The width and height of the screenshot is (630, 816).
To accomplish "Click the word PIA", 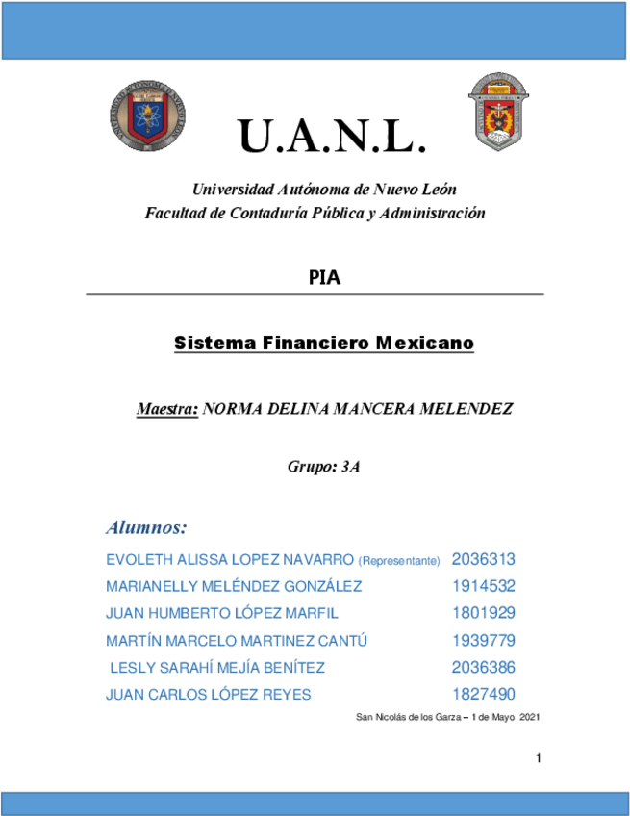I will point(324,279).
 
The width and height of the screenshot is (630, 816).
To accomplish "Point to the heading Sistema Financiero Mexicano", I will point(324,343).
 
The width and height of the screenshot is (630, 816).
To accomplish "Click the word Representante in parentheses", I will point(399,560).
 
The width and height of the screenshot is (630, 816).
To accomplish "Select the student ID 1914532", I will point(484,586).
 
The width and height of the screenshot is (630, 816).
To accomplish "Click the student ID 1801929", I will point(484,613).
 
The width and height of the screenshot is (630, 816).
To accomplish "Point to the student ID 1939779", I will point(484,640).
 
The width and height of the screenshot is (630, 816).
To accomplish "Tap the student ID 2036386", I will point(484,667).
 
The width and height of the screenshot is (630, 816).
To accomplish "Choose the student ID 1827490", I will point(484,694).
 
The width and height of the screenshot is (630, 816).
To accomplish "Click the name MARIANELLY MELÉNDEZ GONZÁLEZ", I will point(234,586).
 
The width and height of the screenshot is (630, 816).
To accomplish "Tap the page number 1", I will point(540,760).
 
